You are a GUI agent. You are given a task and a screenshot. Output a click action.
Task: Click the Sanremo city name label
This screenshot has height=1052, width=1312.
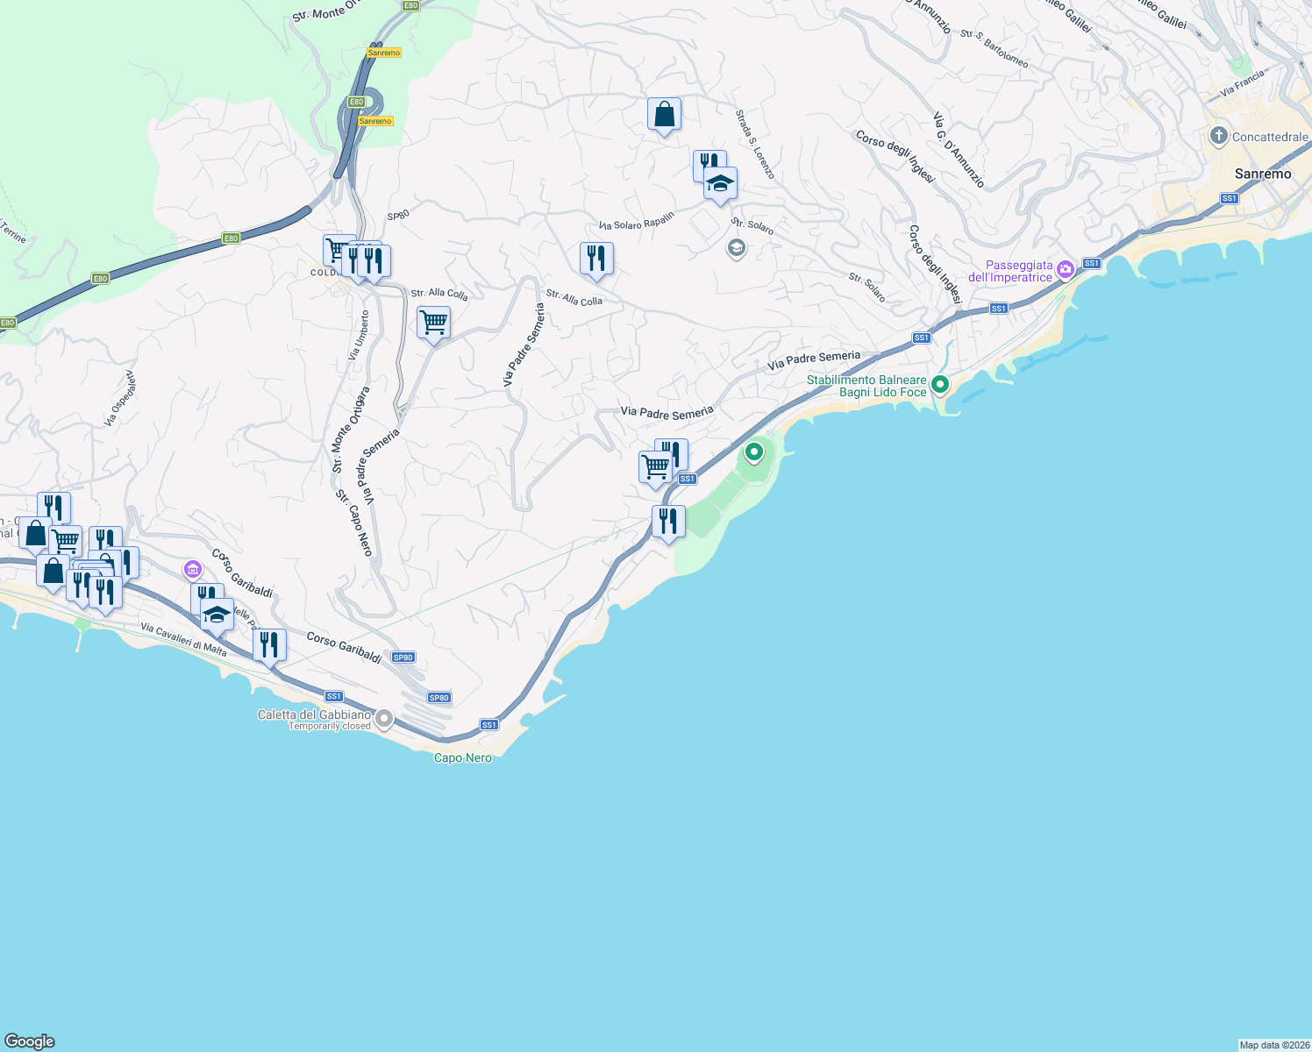pos(1262,174)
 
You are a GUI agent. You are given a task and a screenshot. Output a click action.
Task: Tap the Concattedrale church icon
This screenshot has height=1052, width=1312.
pos(1218,136)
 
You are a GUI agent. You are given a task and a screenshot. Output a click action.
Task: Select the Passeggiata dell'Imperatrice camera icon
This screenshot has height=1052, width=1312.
pos(1066,269)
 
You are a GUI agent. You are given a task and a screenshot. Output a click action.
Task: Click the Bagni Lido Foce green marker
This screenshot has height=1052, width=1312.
pos(940,384)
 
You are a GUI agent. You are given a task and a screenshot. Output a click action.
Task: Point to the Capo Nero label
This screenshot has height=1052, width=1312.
pos(463,757)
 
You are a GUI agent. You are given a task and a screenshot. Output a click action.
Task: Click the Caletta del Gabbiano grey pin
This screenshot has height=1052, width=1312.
pos(384,719)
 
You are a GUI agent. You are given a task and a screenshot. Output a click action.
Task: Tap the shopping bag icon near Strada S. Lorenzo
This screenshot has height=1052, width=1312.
pos(664,115)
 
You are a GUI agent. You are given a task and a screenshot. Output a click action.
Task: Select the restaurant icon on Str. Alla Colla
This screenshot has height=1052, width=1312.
pos(596,259)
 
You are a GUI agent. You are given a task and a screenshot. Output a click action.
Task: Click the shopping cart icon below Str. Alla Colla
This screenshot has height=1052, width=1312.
pos(433,323)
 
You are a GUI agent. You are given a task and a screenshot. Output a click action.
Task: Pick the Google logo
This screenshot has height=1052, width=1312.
pos(30,1041)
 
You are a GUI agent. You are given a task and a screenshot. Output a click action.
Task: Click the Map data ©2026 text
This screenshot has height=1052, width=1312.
pos(1273,1045)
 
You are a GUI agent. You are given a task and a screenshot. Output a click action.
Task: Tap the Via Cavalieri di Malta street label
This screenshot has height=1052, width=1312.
pos(183,640)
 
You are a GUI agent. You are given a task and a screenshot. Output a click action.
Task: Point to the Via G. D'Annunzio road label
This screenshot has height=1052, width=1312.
pos(958,149)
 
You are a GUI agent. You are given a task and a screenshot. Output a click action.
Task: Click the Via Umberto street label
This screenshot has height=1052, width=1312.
pos(358,335)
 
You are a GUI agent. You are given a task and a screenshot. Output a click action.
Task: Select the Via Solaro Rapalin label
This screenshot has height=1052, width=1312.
pos(637,222)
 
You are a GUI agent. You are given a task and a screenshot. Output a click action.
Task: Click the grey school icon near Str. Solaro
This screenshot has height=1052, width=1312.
pos(736,249)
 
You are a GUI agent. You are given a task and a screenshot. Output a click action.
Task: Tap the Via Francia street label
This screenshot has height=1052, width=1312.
pos(1242,83)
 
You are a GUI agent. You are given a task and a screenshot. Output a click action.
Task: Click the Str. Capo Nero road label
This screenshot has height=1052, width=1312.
pos(354,522)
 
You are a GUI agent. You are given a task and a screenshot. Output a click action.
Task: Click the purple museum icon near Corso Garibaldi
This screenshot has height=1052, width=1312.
pos(193,571)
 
